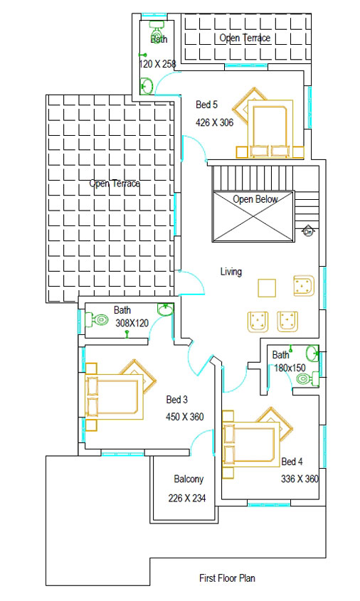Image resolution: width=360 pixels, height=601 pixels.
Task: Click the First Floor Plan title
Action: point(227,578)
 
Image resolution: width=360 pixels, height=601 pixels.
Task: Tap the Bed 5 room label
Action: point(206,105)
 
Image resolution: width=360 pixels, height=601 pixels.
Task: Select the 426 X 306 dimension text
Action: point(215,122)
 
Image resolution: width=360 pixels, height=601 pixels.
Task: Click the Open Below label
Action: point(255,199)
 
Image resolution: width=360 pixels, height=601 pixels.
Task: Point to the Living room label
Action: point(231,272)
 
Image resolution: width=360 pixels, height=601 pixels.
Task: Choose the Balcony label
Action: point(189,479)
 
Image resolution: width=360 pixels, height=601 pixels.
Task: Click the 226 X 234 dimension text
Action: point(187,498)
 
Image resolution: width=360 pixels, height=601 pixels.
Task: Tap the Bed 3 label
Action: point(177,400)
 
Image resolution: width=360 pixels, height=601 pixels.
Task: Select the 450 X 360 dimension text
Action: point(185,417)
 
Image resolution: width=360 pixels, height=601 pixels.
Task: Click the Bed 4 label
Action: point(292,462)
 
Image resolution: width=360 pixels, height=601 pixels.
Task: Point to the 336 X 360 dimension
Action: point(300,479)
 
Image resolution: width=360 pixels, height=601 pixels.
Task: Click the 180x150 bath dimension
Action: point(290,368)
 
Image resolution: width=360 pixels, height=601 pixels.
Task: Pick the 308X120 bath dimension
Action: point(132,323)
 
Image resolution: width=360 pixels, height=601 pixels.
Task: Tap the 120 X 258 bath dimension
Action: point(157,64)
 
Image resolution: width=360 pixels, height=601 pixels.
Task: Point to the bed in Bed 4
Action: point(249,442)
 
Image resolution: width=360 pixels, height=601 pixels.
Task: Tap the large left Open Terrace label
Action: point(115,184)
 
